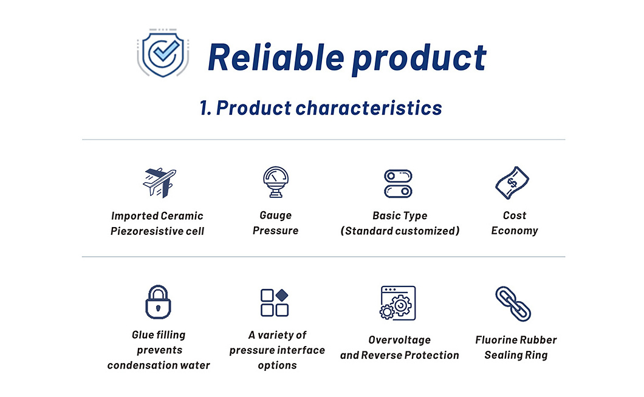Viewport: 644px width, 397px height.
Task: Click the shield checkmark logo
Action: (x=163, y=53)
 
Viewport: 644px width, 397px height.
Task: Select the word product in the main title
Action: (x=419, y=59)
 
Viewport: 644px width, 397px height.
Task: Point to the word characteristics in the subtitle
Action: (x=369, y=108)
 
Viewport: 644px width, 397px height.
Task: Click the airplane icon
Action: (x=159, y=183)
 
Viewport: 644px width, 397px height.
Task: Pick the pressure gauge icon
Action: (x=276, y=182)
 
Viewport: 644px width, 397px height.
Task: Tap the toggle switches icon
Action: (x=398, y=183)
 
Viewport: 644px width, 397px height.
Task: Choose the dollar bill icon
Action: (x=512, y=183)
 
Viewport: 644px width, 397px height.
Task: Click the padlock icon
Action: (x=158, y=302)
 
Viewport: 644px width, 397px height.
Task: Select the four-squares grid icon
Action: (x=275, y=302)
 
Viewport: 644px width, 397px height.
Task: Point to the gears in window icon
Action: (x=397, y=303)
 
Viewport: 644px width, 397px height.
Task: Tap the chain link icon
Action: (x=513, y=304)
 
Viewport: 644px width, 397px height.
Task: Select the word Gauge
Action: (x=276, y=215)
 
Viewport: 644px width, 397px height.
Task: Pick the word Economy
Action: (x=515, y=231)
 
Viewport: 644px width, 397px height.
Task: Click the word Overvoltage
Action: (x=400, y=340)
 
